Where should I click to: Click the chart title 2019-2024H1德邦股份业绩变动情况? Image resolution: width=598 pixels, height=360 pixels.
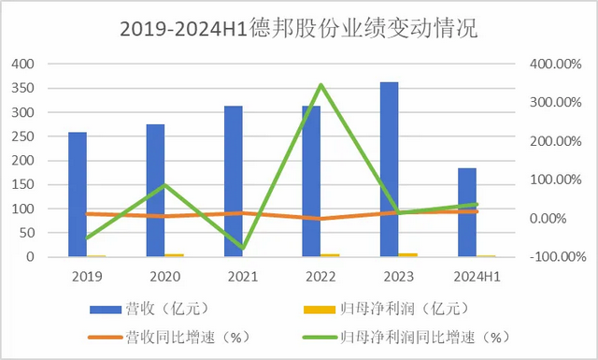(298, 29)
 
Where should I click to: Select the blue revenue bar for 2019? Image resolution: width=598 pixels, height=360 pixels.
(78, 194)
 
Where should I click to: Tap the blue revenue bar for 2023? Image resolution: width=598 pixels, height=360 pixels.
(390, 169)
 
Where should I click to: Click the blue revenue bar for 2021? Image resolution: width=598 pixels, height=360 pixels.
(234, 181)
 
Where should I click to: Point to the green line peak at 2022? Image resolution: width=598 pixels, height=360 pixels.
(321, 85)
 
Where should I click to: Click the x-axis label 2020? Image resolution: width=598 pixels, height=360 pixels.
(164, 276)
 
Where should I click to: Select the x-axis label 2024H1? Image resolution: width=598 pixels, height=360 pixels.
(476, 276)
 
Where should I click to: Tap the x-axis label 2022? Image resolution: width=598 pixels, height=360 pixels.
(320, 276)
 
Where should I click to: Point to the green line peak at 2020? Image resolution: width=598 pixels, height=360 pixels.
(164, 184)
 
